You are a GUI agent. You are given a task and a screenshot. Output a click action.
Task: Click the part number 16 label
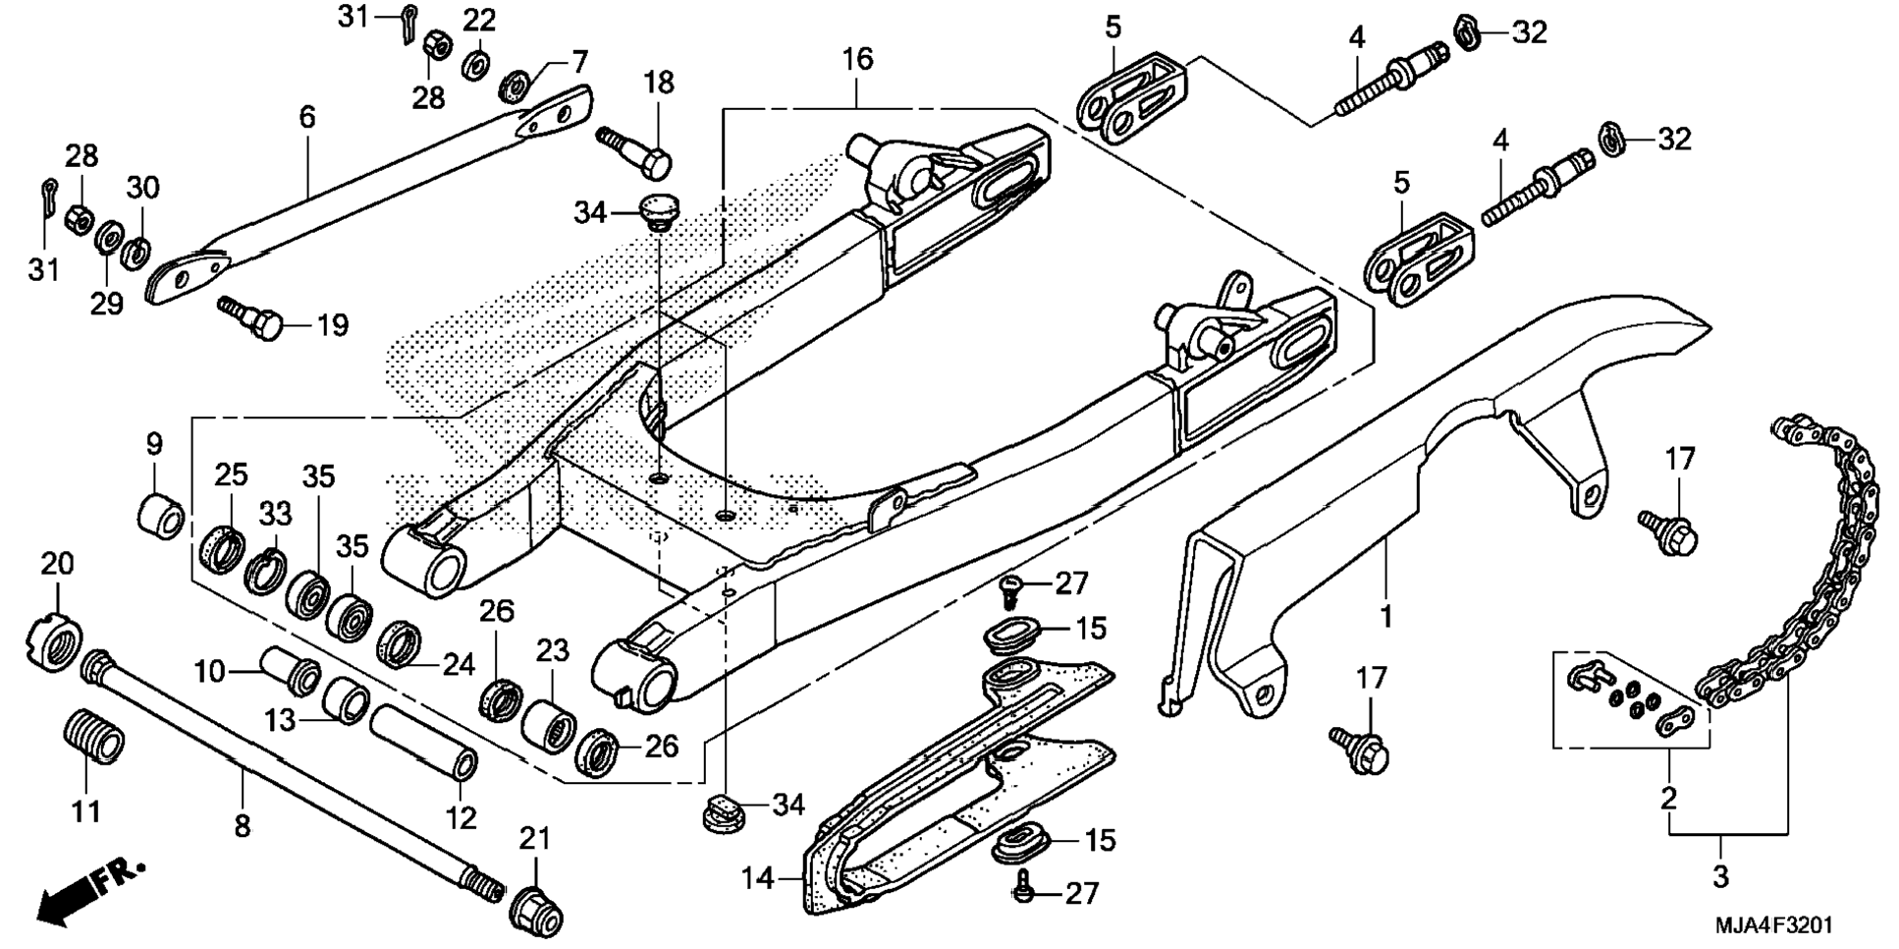[x=856, y=60]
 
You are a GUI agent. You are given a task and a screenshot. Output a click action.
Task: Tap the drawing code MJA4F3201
[x=1773, y=925]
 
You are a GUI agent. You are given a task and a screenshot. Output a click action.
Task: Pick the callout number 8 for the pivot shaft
[x=243, y=826]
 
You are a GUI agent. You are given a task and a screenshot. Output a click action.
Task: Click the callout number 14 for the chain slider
[x=758, y=877]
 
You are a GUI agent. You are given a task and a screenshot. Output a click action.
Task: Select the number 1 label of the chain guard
[x=1385, y=617]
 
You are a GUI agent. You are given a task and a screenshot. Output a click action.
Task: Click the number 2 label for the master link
[x=1668, y=798]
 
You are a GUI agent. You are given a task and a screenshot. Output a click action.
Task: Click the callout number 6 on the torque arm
[x=307, y=118]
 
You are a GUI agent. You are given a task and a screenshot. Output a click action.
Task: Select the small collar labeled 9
[x=161, y=515]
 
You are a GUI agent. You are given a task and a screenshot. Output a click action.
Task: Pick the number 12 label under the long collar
[x=461, y=817]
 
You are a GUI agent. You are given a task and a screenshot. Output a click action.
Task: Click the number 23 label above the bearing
[x=553, y=650]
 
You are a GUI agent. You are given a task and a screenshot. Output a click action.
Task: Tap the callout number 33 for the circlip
[x=275, y=513]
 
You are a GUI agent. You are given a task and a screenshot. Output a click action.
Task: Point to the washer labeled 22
[x=478, y=64]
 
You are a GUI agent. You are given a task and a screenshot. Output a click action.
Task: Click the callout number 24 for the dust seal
[x=458, y=665]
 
